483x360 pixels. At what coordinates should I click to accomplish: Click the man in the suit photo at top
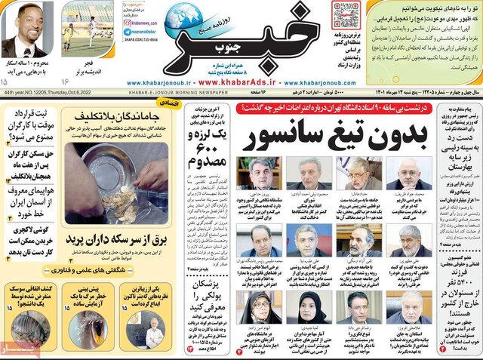click(x=23, y=30)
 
